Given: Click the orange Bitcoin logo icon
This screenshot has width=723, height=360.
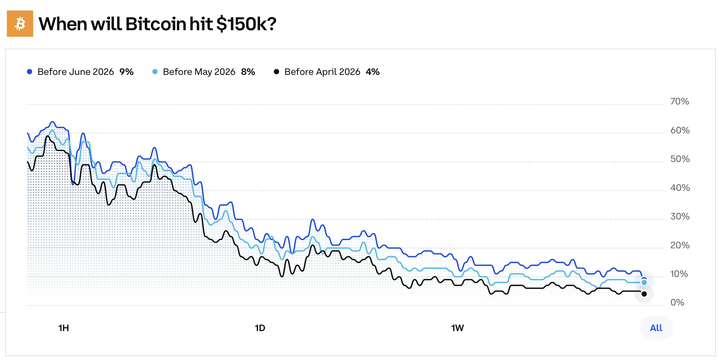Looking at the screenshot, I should [20, 24].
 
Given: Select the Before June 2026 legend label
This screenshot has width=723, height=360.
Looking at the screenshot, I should [76, 72].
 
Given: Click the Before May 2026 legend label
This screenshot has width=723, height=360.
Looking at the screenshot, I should [199, 72].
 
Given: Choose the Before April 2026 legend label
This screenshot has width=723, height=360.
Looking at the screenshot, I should [322, 72].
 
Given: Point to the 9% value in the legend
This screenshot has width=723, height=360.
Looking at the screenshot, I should [126, 72].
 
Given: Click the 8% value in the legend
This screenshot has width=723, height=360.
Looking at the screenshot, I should [248, 72].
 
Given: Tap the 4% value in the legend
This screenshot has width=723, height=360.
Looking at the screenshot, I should [373, 72].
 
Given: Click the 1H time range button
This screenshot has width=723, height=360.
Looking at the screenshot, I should [64, 328].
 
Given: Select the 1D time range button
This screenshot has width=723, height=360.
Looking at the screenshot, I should [260, 328].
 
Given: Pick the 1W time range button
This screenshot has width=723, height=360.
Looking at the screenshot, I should [457, 328].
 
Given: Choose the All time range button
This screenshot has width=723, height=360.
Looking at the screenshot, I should [656, 328].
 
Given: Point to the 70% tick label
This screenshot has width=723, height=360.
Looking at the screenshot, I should [679, 101].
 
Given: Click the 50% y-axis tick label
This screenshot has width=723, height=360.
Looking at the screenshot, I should [680, 159].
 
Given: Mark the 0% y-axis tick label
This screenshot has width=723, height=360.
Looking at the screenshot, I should [677, 303].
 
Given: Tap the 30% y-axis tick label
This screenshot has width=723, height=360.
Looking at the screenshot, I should [680, 216].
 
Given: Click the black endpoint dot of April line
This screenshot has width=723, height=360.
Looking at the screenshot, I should [644, 294].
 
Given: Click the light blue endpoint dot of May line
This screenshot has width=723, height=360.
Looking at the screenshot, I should [644, 282].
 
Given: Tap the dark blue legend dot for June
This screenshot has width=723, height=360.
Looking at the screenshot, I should [30, 72].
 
